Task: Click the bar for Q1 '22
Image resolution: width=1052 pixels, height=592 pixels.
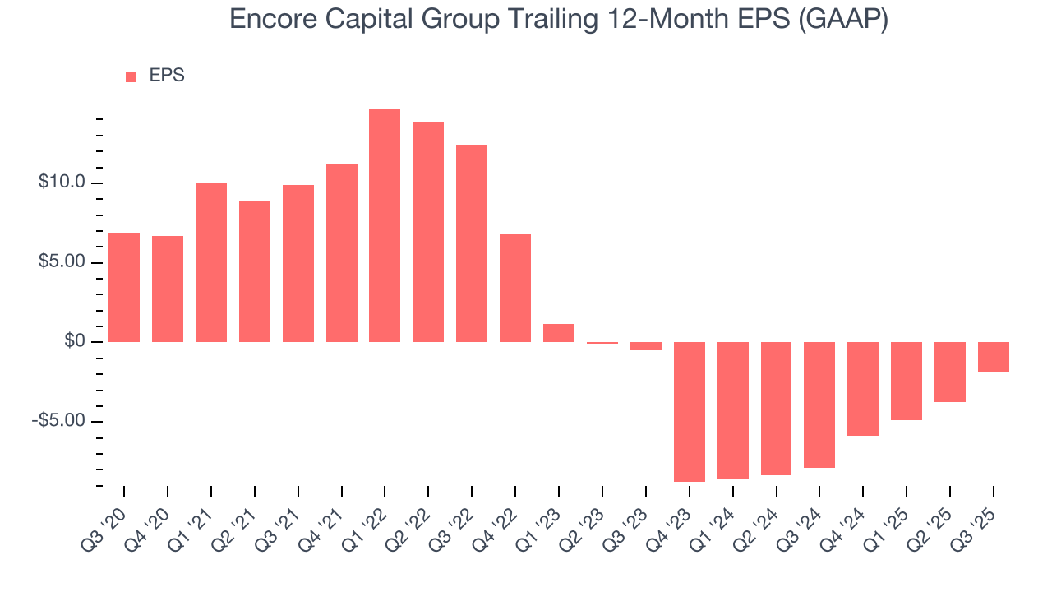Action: pos(385,225)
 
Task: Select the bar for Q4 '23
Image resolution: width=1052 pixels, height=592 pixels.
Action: pos(690,411)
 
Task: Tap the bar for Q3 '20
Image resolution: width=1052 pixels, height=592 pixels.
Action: pos(124,287)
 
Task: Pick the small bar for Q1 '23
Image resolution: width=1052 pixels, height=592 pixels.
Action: pos(559,333)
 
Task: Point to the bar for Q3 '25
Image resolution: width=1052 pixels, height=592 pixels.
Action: pos(994,357)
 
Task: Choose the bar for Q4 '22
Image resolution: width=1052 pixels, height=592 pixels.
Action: pos(515,288)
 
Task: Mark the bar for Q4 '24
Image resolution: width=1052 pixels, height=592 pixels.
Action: pos(863,388)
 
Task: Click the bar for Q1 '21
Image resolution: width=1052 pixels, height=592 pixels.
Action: pos(211,262)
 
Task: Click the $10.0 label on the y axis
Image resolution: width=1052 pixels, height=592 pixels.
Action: pos(62,183)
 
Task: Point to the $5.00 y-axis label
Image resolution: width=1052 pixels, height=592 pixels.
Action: pos(62,262)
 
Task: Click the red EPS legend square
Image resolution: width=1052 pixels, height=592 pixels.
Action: pos(131,76)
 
